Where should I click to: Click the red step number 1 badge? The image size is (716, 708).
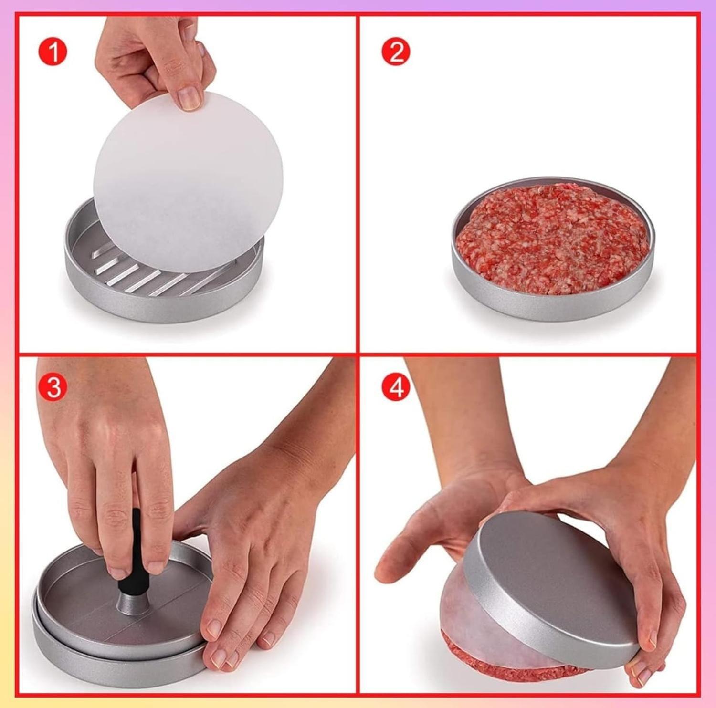pos(53,52)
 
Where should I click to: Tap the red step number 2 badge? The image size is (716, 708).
pos(396,52)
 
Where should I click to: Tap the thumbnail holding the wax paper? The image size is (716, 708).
pos(190,98)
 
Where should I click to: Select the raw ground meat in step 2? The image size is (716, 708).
pos(553,239)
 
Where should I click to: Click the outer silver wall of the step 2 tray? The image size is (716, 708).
pos(553,298)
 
